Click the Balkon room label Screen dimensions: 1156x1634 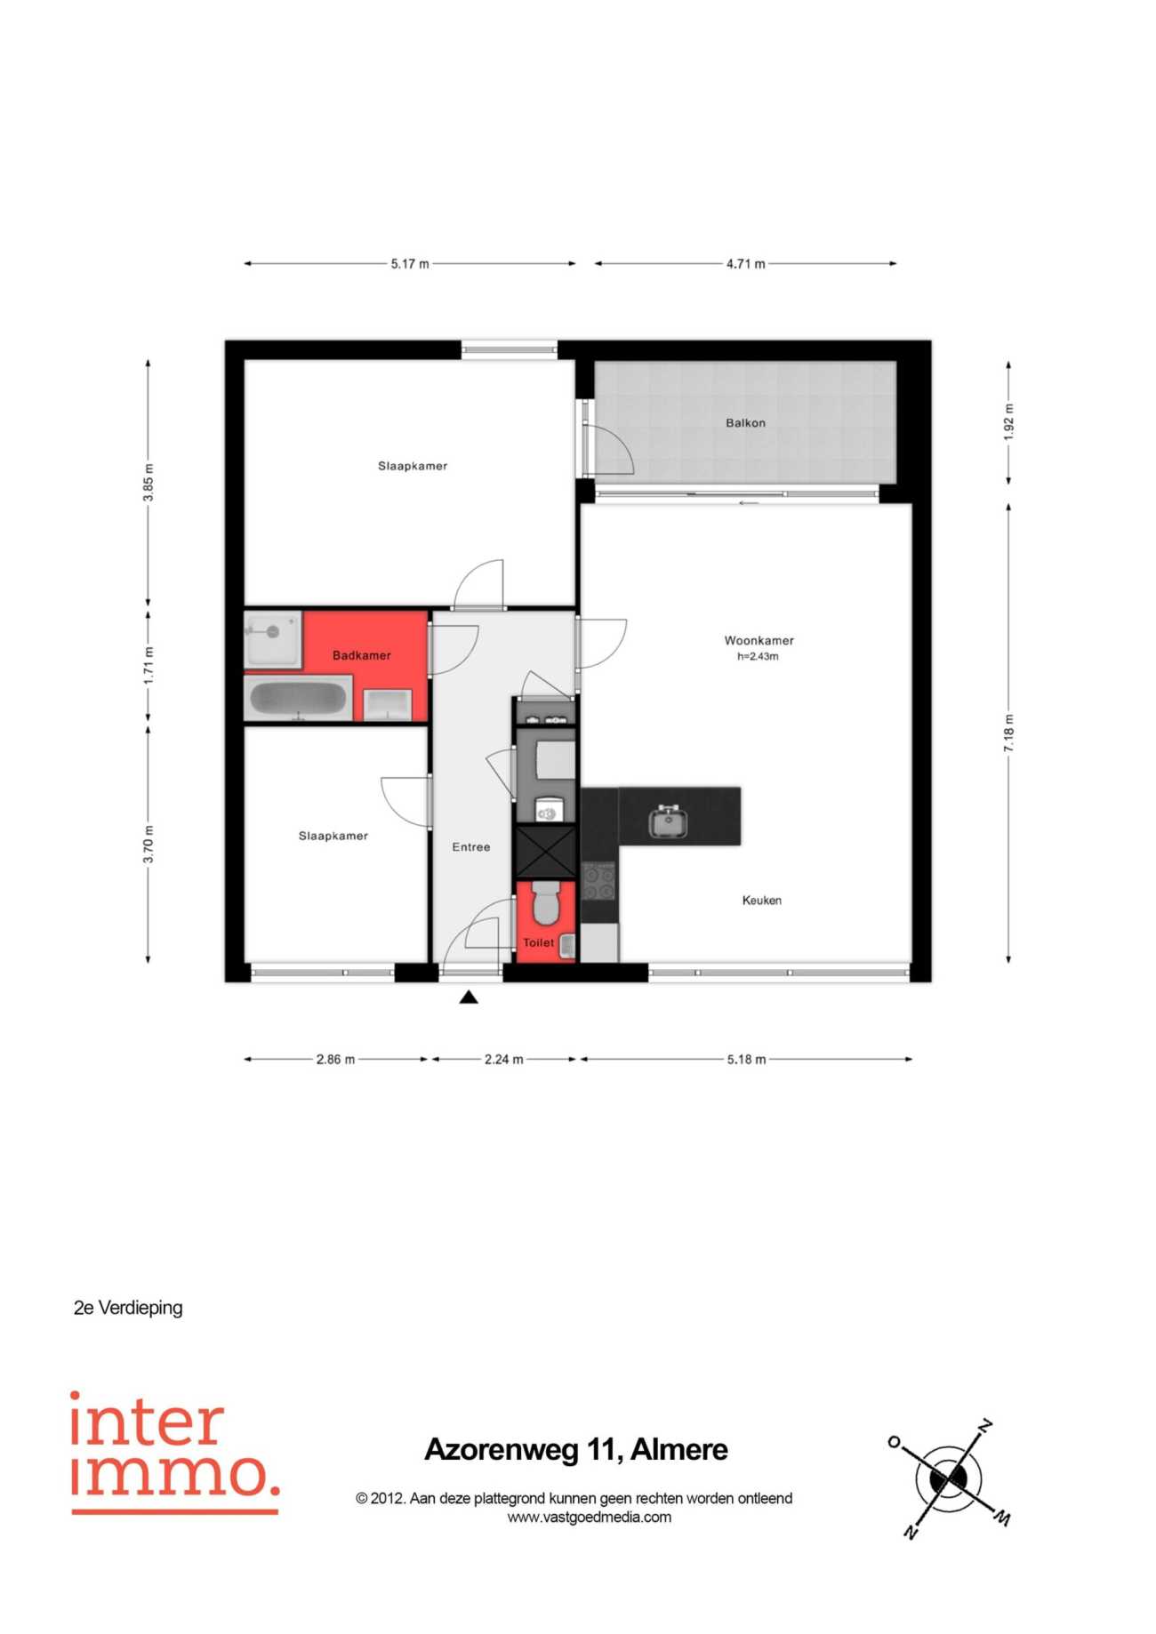pos(745,423)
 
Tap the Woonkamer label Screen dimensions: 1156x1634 pos(759,640)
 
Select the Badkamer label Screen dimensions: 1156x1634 pos(361,655)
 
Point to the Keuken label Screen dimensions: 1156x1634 pos(762,901)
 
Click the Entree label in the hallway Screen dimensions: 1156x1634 pos(471,847)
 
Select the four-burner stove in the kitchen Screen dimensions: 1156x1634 pos(598,880)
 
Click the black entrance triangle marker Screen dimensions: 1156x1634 pos(469,997)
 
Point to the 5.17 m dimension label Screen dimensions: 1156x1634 pos(410,264)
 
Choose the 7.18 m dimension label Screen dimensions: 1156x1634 pos(1008,733)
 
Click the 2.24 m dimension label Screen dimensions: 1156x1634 pos(504,1060)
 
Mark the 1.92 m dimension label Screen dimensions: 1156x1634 pos(1008,421)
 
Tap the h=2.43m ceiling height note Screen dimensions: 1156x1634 pos(758,657)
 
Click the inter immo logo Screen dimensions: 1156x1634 pos(175,1453)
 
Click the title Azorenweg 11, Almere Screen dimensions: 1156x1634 pos(576,1450)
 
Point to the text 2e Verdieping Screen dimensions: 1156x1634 pos(128,1308)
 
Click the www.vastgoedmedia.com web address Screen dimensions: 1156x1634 pos(590,1518)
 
